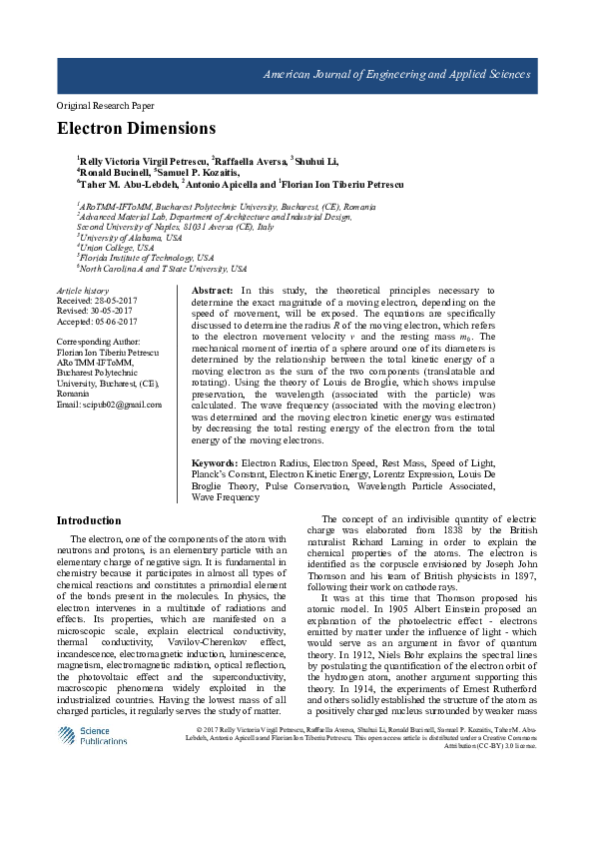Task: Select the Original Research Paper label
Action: click(x=105, y=105)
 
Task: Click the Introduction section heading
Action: click(x=89, y=520)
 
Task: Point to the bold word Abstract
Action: click(x=213, y=290)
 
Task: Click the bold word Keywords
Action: click(x=215, y=463)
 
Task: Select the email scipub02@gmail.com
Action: click(x=109, y=404)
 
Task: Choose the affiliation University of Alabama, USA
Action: click(x=131, y=237)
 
